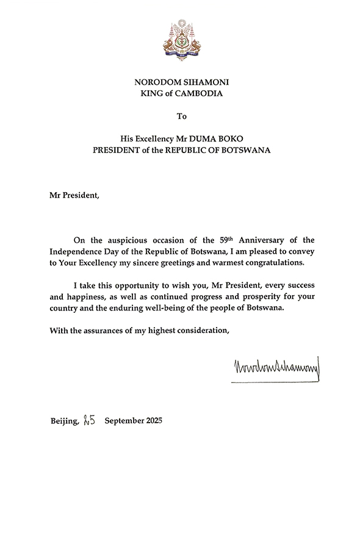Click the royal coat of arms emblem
click(x=180, y=37)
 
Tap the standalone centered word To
click(x=180, y=115)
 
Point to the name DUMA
click(x=205, y=138)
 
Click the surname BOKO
click(x=233, y=138)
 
